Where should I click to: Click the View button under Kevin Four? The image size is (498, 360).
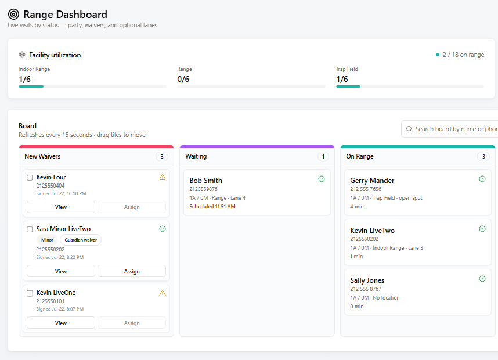[x=61, y=207]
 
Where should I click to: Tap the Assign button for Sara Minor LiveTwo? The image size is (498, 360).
[x=132, y=271]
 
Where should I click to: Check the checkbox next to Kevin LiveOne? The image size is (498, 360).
[x=30, y=293]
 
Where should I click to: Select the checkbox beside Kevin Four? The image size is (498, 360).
[x=30, y=178]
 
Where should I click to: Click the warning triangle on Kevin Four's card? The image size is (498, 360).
[x=163, y=177]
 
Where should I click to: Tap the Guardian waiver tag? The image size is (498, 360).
[x=81, y=240]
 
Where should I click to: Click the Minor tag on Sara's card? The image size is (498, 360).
[x=48, y=240]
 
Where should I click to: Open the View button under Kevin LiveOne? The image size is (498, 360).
[x=61, y=323]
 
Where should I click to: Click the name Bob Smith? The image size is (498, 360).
[x=206, y=181]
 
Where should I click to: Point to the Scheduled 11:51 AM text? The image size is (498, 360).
[x=212, y=207]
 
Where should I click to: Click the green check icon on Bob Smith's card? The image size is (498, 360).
[x=322, y=179]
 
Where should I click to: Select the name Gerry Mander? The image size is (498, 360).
[x=372, y=181]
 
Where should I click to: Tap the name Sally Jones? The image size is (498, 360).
[x=367, y=280]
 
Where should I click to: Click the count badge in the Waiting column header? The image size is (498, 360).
[x=323, y=156]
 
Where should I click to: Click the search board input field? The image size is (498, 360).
[x=450, y=129]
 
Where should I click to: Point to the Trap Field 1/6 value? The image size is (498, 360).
[x=342, y=79]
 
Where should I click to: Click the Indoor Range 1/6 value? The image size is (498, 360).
[x=24, y=79]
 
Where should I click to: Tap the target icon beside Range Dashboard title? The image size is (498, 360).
[x=14, y=15]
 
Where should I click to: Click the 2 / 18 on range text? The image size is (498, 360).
[x=463, y=55]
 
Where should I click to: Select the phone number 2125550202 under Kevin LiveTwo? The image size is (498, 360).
[x=365, y=239]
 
